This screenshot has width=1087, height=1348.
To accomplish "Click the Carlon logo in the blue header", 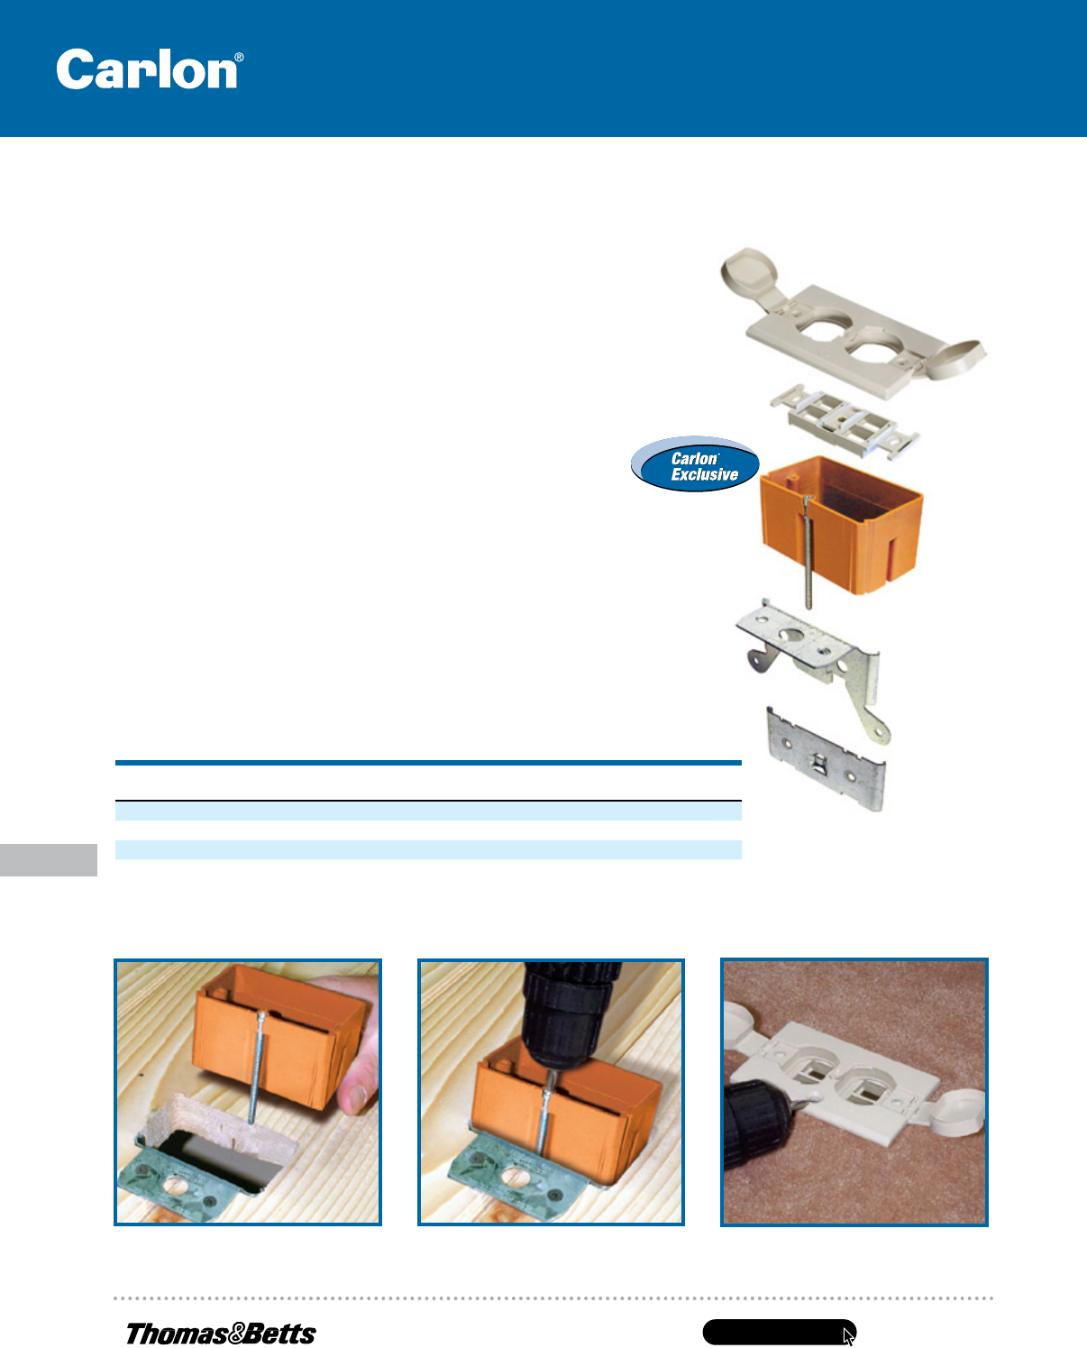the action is tap(150, 69).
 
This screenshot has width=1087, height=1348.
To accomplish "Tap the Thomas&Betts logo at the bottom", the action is tap(221, 1334).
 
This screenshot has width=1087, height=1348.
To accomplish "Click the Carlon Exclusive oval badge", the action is tap(695, 464).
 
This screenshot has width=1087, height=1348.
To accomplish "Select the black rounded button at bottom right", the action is tap(779, 1332).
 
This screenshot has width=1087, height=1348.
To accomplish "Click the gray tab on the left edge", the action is tap(48, 859).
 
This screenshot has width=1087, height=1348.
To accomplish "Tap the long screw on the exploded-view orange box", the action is tap(808, 552).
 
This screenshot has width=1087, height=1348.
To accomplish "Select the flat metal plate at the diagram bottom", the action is tap(826, 759).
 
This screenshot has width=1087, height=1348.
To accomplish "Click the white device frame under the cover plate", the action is tap(845, 422).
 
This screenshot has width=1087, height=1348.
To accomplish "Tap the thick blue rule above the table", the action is tap(428, 762).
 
